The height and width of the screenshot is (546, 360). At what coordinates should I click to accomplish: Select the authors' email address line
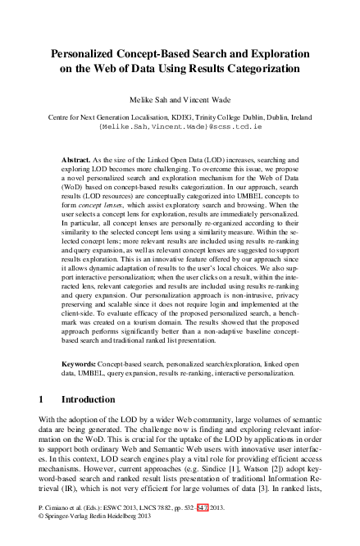(180, 127)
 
